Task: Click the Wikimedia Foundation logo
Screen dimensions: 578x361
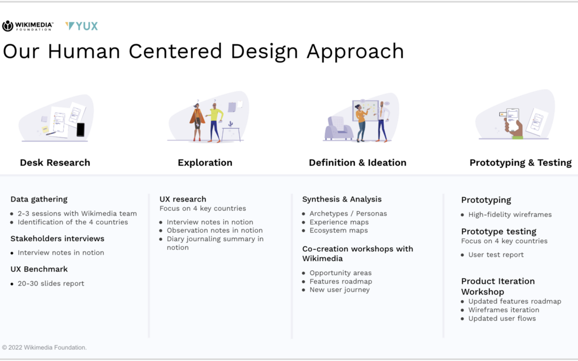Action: click(28, 26)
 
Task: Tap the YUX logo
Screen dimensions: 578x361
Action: click(81, 26)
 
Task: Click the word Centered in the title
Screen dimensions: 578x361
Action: click(175, 51)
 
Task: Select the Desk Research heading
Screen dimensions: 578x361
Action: click(55, 163)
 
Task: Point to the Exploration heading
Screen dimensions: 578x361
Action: click(205, 163)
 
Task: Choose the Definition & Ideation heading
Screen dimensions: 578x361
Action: click(358, 163)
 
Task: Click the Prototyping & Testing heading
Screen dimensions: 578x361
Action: click(521, 163)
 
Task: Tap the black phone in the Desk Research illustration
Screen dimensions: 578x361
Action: click(80, 129)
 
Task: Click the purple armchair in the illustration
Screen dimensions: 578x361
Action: click(338, 128)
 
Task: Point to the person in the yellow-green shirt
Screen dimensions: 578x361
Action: click(215, 122)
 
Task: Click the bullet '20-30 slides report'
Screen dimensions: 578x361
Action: click(51, 283)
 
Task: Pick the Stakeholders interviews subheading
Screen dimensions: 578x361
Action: click(57, 239)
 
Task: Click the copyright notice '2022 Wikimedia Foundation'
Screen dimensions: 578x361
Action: click(44, 348)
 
